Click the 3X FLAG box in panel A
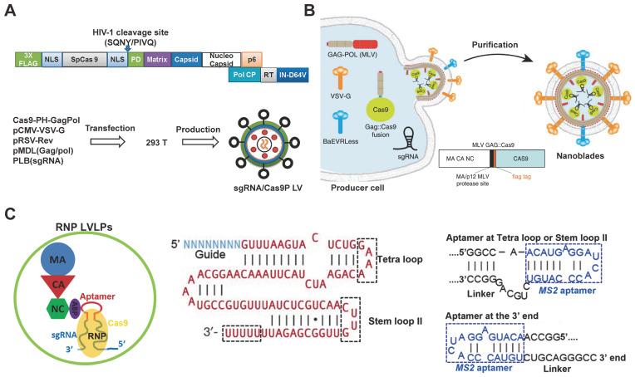(x=27, y=60)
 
